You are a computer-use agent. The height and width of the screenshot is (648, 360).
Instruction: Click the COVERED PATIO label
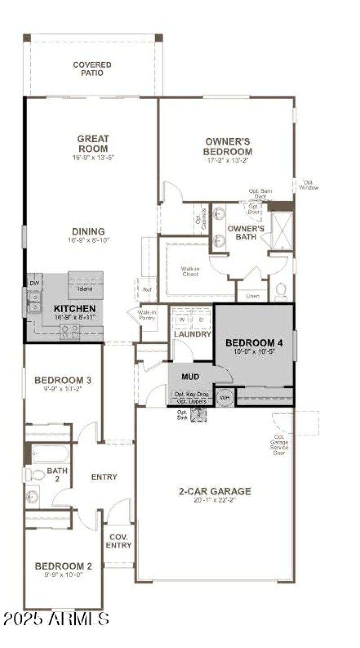[x=92, y=69]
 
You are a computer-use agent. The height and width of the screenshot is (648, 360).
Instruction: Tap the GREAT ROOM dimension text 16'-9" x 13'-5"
[x=92, y=158]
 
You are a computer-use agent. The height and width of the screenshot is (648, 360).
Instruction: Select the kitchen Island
[x=85, y=285]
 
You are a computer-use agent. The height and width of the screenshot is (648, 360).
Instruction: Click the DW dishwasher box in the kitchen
[x=34, y=283]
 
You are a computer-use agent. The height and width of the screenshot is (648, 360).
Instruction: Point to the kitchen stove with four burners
[x=70, y=332]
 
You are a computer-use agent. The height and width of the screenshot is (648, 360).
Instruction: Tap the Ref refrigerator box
[x=147, y=290]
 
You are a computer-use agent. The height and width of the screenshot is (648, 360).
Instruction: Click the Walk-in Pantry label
[x=147, y=315]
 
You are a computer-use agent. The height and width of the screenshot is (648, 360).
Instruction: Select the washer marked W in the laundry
[x=182, y=319]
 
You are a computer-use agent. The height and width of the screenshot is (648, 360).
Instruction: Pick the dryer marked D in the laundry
[x=201, y=319]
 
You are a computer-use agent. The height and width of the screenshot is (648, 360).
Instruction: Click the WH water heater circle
[x=225, y=398]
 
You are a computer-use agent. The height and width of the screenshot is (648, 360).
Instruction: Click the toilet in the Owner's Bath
[x=281, y=291]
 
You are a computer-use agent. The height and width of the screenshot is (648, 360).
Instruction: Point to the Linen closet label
[x=252, y=296]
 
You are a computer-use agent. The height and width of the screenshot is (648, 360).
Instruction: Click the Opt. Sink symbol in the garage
[x=198, y=415]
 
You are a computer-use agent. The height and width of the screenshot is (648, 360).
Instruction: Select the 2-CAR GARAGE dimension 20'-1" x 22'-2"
[x=215, y=500]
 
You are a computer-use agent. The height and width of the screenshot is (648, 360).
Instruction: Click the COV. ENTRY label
[x=119, y=541]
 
